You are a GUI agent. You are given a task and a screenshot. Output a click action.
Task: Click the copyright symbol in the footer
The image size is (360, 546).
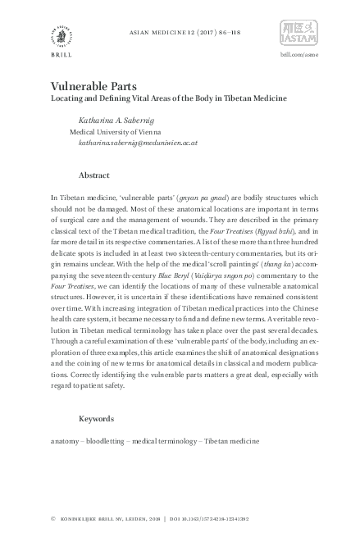coord(52,519)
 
